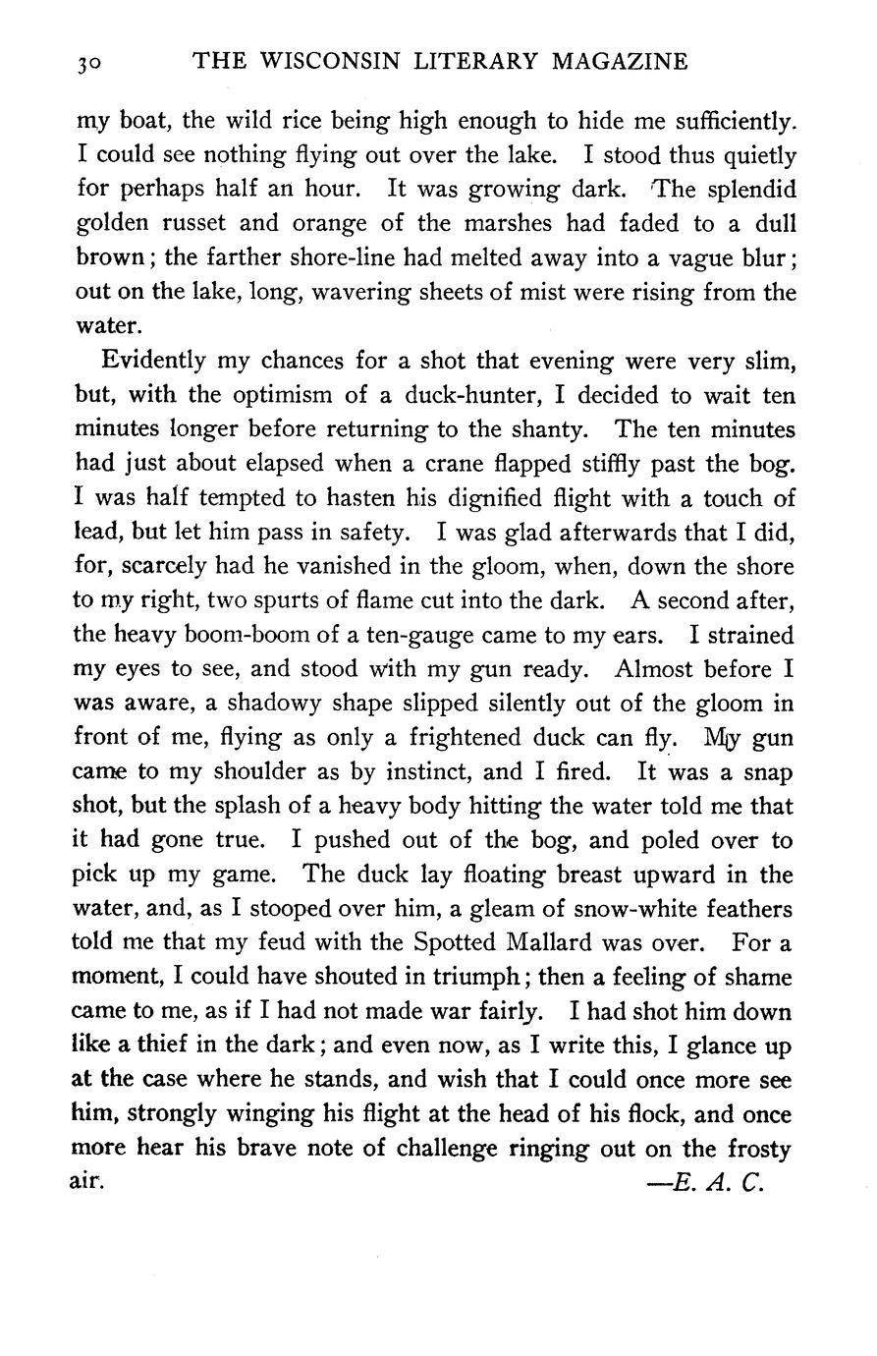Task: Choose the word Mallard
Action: tap(536, 943)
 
